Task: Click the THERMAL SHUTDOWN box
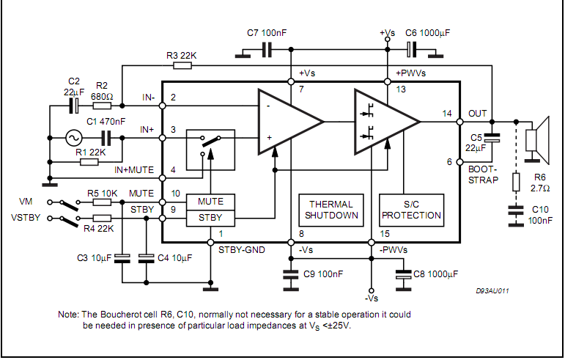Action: coord(330,210)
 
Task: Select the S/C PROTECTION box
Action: coord(410,210)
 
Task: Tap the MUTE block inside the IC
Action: coord(210,202)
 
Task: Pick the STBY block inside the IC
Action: coord(210,218)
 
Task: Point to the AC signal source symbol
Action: coord(73,137)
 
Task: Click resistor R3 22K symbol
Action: coord(182,65)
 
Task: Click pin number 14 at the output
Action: coord(447,113)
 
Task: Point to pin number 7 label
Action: coord(300,89)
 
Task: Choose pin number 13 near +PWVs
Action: coord(400,89)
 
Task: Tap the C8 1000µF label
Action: coord(437,274)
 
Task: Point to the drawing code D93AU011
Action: coord(492,291)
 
